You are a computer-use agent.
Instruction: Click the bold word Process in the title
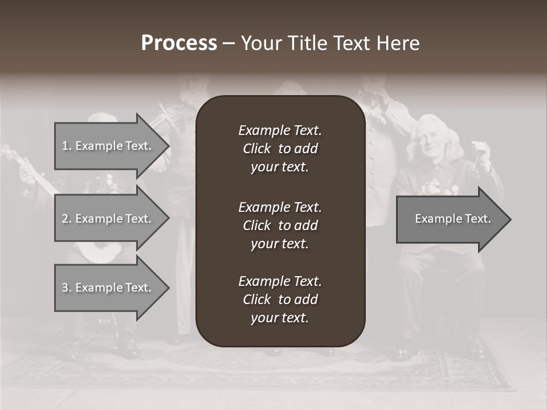(179, 43)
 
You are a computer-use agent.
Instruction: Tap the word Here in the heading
(398, 43)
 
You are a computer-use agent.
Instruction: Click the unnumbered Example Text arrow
(452, 219)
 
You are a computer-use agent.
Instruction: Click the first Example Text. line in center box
(280, 130)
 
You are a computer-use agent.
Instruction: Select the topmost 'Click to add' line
(280, 149)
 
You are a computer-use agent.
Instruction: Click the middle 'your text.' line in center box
(280, 244)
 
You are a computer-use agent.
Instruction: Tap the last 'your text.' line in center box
(280, 318)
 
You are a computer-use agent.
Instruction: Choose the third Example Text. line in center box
(280, 281)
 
